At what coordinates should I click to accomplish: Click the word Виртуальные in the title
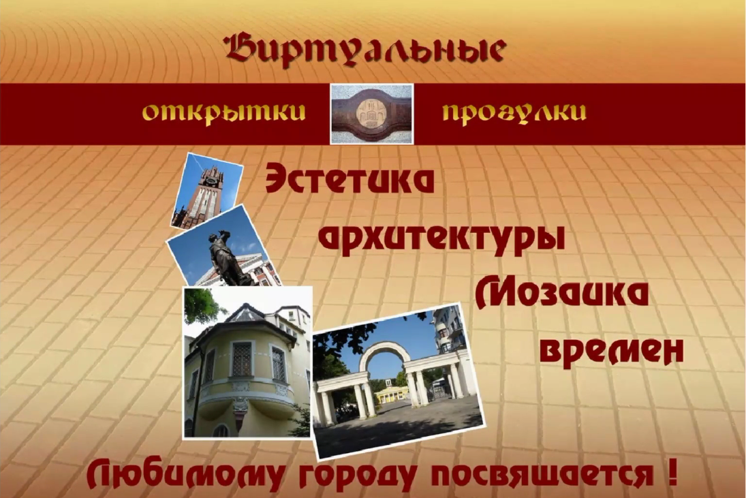pyautogui.click(x=365, y=49)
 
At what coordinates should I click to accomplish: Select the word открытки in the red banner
pyautogui.click(x=223, y=112)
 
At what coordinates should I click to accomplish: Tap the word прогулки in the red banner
pyautogui.click(x=514, y=112)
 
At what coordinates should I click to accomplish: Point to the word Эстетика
pyautogui.click(x=349, y=178)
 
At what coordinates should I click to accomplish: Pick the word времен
pyautogui.click(x=612, y=353)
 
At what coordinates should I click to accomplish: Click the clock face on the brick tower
pyautogui.click(x=211, y=181)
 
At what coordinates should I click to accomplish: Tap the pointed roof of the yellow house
pyautogui.click(x=246, y=314)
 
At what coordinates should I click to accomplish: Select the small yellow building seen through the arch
pyautogui.click(x=392, y=394)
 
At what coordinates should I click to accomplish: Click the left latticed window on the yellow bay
pyautogui.click(x=242, y=358)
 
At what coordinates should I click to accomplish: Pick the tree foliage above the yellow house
pyautogui.click(x=202, y=305)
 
